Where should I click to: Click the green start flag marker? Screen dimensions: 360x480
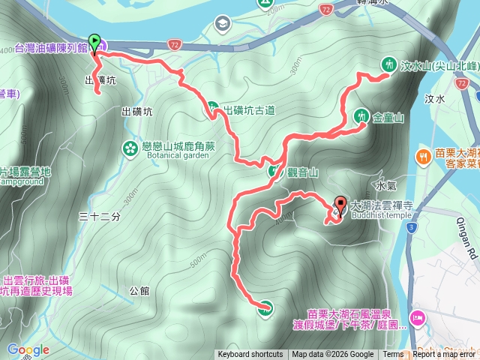(94, 42)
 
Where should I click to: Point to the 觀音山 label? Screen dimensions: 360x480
(303, 172)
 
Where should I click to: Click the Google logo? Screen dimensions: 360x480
(28, 349)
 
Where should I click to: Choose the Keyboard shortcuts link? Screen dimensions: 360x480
(250, 355)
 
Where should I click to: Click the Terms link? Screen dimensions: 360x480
(392, 355)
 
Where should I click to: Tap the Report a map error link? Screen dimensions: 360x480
(444, 355)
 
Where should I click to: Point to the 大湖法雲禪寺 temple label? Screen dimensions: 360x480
(382, 204)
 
